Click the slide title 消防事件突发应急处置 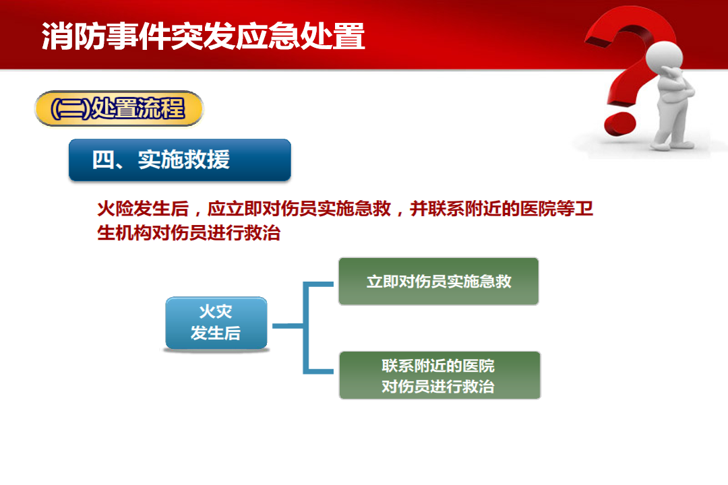pos(204,36)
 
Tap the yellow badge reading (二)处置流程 pos(119,108)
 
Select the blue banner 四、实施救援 pos(180,160)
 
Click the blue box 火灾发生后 pos(216,323)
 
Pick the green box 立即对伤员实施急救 pos(439,282)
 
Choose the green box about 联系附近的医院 pos(439,375)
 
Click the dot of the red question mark pos(620,122)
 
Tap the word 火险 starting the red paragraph pos(116,209)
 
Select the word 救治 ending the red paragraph pos(262,233)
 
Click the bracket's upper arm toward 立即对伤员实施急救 pos(318,284)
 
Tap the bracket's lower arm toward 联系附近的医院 pos(318,371)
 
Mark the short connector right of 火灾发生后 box pos(287,326)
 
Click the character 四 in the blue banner pos(102,160)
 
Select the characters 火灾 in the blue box pos(216,311)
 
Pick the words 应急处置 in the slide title pos(301,36)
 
